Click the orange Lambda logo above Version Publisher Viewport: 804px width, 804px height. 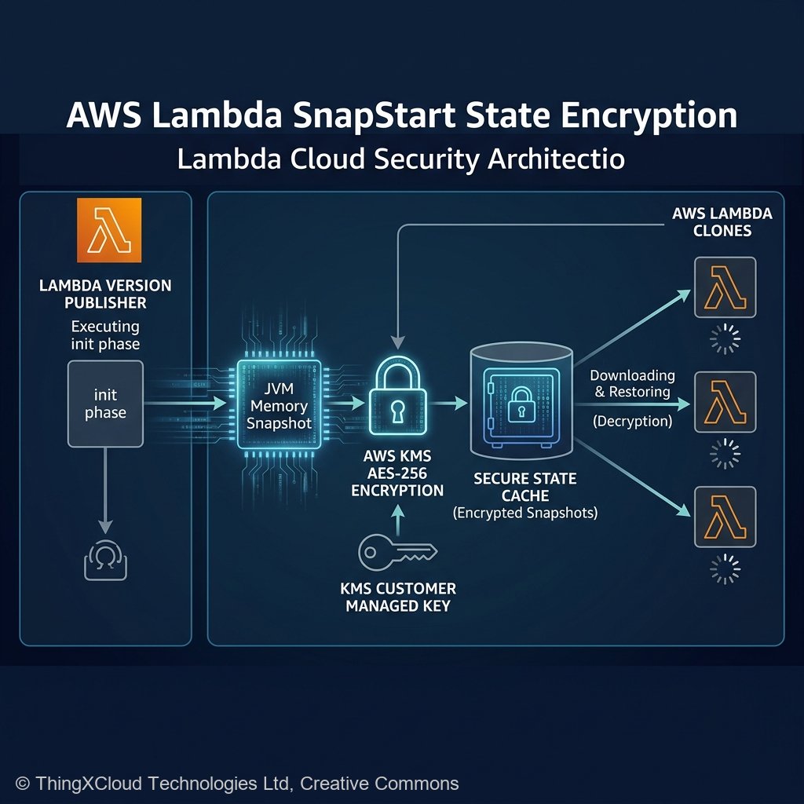point(109,230)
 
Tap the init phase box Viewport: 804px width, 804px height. point(105,403)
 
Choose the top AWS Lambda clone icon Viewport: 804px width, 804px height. point(725,287)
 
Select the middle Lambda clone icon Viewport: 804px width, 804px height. point(725,402)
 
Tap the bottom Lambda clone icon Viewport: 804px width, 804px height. point(725,517)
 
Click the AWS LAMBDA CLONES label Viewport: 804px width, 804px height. point(722,222)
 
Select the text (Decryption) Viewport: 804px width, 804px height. point(633,422)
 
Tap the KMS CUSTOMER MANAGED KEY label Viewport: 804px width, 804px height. point(399,597)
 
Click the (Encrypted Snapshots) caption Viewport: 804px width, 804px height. point(525,513)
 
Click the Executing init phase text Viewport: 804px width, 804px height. point(105,334)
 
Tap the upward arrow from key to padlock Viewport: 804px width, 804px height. point(397,517)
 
